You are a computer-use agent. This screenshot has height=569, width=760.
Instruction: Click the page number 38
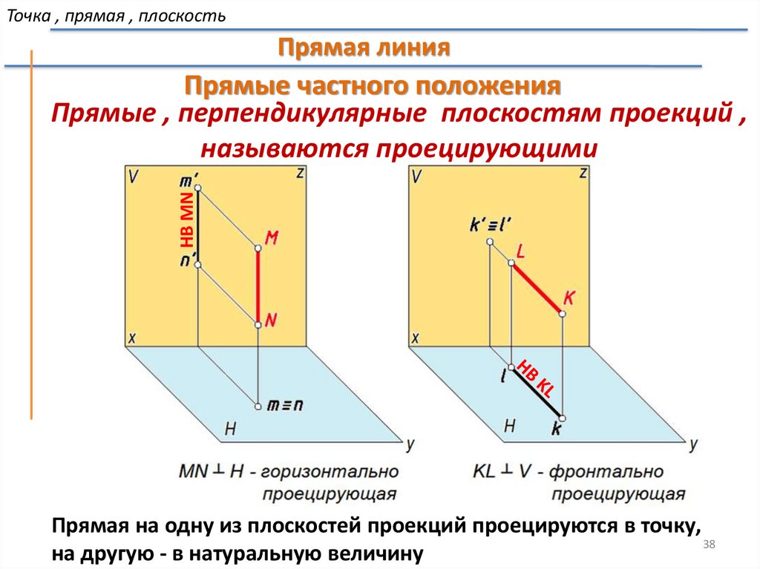[708, 545]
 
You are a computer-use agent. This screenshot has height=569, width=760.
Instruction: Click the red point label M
[271, 237]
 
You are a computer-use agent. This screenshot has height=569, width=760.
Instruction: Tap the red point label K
[569, 297]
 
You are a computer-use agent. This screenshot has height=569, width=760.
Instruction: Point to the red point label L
[521, 251]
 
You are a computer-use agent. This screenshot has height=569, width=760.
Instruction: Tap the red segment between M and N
[258, 286]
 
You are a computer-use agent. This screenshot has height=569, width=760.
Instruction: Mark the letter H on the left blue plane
[230, 428]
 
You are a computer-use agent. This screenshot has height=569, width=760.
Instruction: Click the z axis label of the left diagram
[300, 174]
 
